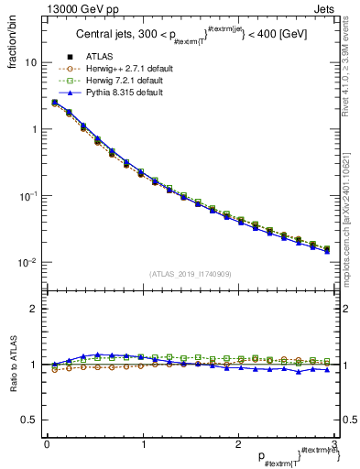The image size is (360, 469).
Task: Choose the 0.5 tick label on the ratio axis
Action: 30,420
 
